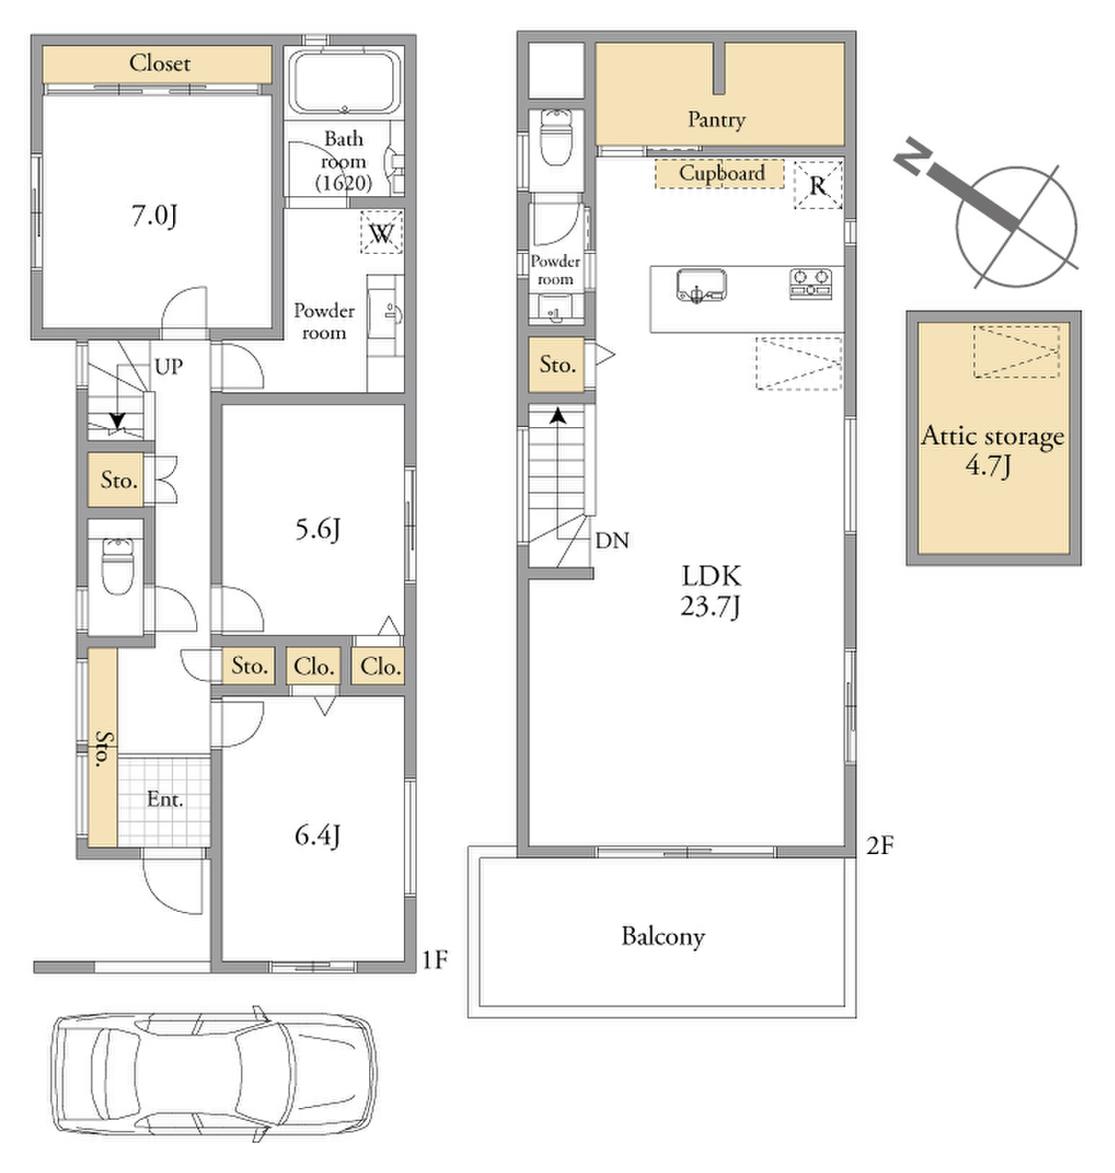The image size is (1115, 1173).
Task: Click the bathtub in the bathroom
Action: pyautogui.click(x=344, y=82)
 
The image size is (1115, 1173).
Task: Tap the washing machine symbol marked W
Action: pyautogui.click(x=381, y=232)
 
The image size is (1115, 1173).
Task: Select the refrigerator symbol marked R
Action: pyautogui.click(x=817, y=185)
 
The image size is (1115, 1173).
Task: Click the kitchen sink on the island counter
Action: pyautogui.click(x=701, y=285)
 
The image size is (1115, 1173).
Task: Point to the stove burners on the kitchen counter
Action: pyautogui.click(x=810, y=283)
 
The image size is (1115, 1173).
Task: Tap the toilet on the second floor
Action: pyautogui.click(x=555, y=137)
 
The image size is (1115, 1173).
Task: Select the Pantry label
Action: pyautogui.click(x=716, y=120)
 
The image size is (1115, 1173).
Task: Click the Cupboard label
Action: pyautogui.click(x=721, y=173)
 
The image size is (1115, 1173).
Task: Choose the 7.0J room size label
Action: pyautogui.click(x=155, y=215)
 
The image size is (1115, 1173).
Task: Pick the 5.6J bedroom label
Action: pyautogui.click(x=317, y=529)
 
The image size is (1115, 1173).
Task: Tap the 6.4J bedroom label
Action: pyautogui.click(x=317, y=835)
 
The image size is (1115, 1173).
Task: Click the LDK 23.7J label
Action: pyautogui.click(x=711, y=591)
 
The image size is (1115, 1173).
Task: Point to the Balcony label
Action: pyautogui.click(x=662, y=937)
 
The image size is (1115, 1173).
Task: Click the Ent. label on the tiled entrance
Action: pyautogui.click(x=165, y=799)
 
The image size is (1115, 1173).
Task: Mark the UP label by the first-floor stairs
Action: pyautogui.click(x=169, y=367)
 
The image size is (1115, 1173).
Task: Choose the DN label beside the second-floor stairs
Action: pyautogui.click(x=612, y=541)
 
